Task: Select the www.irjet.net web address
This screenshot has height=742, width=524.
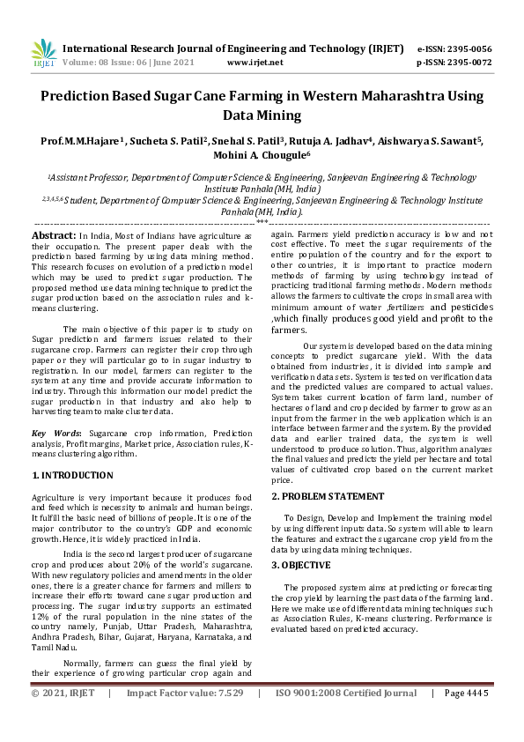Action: pos(255,63)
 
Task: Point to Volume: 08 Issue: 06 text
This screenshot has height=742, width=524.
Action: pos(114,63)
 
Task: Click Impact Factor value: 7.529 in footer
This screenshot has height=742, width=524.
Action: pos(184,718)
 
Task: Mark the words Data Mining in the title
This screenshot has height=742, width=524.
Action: pos(262,115)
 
